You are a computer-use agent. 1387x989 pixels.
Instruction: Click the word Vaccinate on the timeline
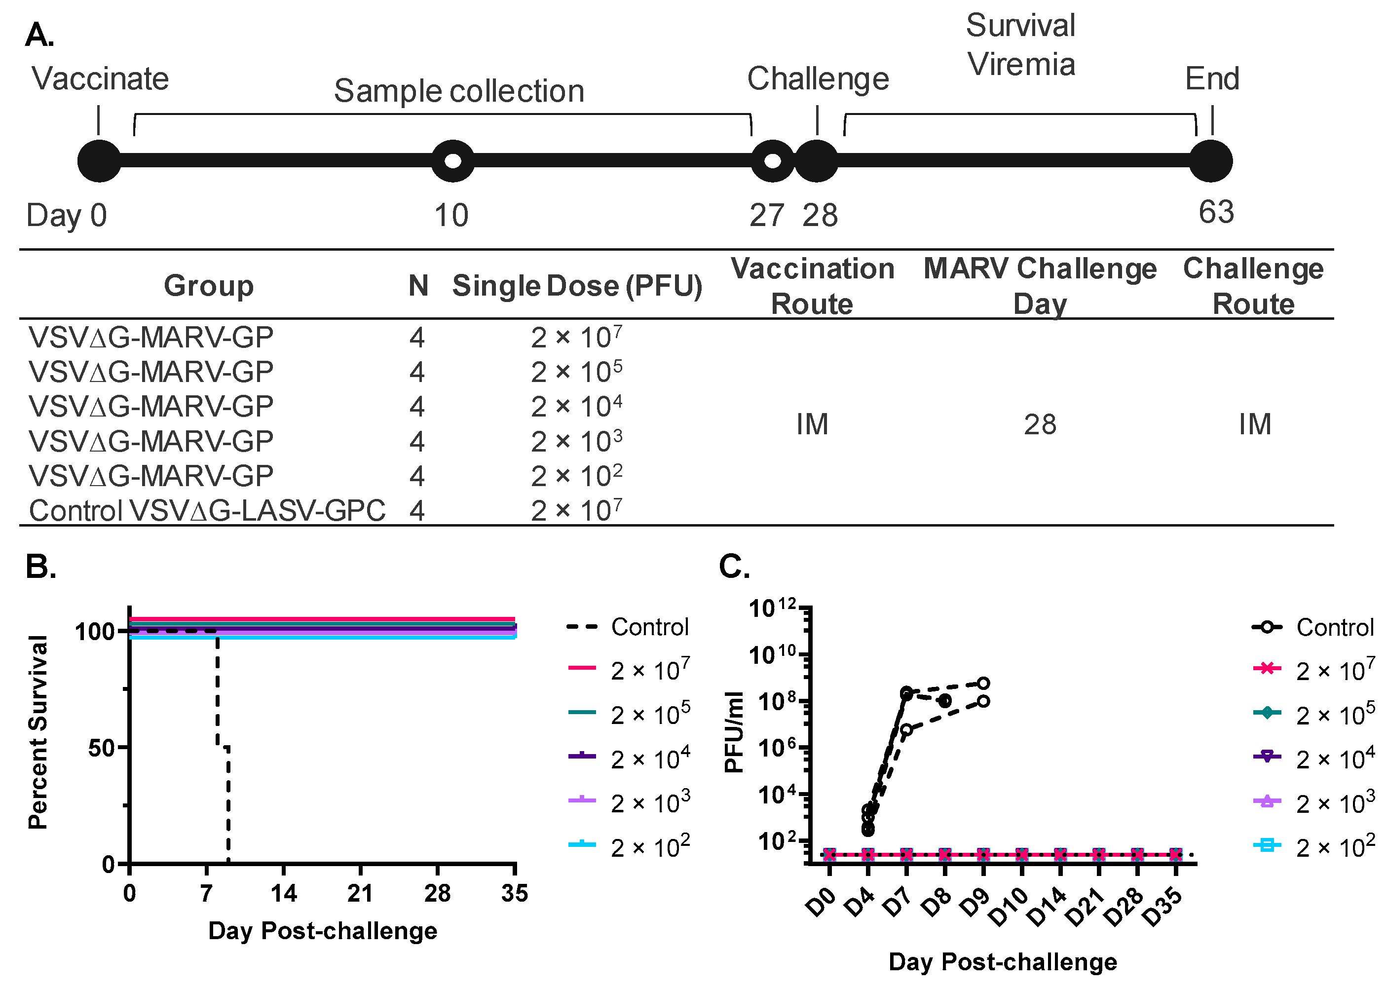pos(101,78)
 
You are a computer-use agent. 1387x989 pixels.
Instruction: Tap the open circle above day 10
pos(452,161)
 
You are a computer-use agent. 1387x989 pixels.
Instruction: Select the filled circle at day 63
pos(1210,161)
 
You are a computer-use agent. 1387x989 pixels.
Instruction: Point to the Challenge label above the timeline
pos(818,78)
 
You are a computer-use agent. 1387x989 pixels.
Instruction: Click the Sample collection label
pos(459,91)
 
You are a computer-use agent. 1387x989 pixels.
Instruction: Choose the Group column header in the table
pos(208,286)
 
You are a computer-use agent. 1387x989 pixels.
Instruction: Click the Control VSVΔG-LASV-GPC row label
pos(207,510)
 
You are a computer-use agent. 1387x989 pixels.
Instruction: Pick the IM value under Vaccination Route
pos(812,424)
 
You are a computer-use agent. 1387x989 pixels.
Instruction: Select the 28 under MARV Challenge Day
pos(1040,424)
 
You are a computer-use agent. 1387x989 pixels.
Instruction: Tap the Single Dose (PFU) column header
pos(577,286)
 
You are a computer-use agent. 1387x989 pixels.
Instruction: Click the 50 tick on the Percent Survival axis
pos(102,748)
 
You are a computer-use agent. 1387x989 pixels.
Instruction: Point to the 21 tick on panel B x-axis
pos(360,893)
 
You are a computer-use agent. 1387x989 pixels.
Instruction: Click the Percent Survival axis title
pos(38,732)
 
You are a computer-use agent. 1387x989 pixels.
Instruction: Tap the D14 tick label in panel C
pos(1047,908)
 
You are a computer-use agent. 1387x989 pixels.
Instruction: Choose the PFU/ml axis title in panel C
pos(734,732)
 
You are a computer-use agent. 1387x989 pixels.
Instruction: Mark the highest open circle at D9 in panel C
pos(983,683)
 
